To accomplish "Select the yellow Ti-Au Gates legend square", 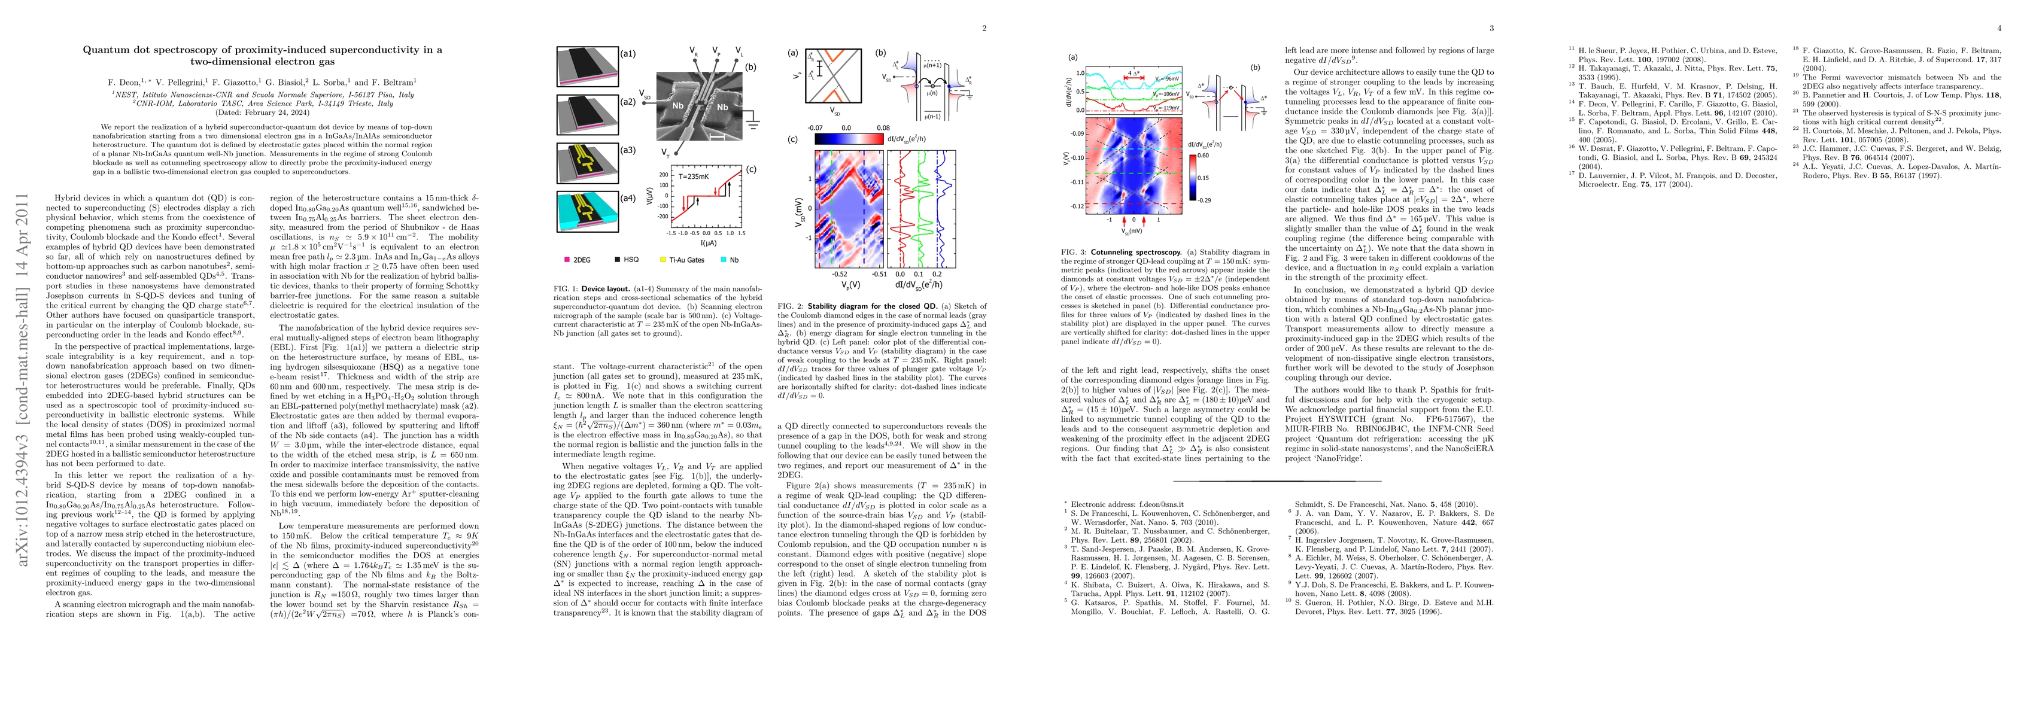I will click(x=663, y=259).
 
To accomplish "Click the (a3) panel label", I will click(x=627, y=150).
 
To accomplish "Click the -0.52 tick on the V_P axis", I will click(x=839, y=274).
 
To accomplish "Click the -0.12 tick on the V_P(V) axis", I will click(x=1077, y=206).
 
